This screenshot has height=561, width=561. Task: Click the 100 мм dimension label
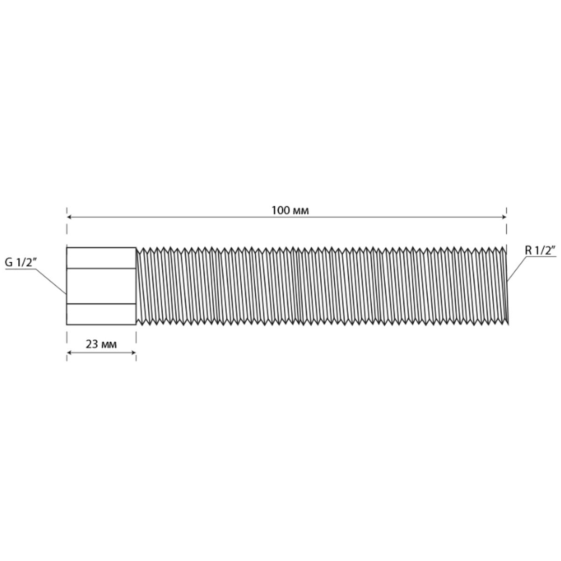[x=290, y=210]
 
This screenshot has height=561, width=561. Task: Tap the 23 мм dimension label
[x=101, y=345]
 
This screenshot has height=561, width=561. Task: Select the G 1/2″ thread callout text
[x=21, y=262]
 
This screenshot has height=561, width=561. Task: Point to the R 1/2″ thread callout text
[x=540, y=251]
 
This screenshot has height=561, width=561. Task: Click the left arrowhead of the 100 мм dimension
[x=69, y=217]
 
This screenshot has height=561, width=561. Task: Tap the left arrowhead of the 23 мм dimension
[x=69, y=353]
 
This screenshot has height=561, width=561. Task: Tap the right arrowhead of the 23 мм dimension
[x=134, y=353]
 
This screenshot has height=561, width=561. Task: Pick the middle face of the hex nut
[x=101, y=286]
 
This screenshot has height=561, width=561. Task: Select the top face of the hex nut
[x=101, y=258]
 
